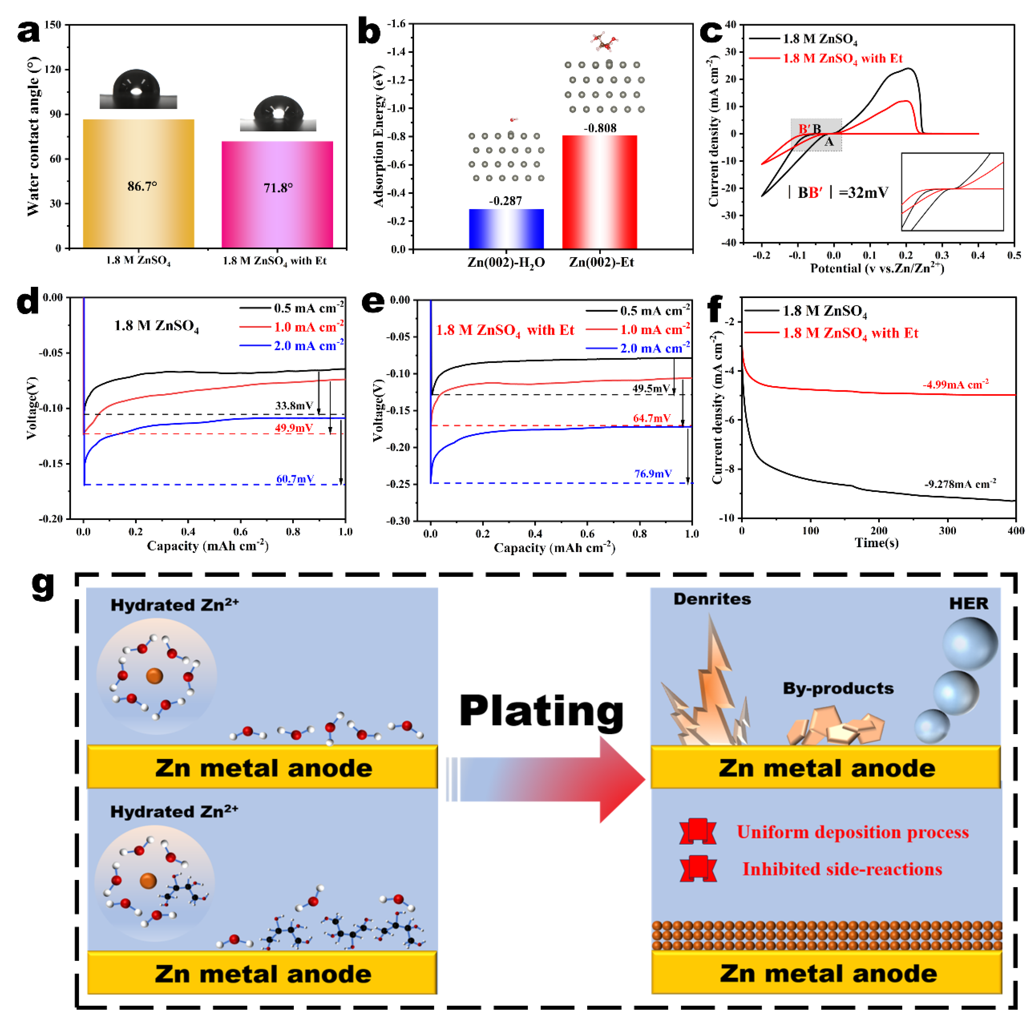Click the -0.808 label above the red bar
(600, 128)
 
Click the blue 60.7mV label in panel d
(295, 479)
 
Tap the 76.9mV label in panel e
(653, 473)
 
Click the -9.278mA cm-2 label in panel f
(959, 484)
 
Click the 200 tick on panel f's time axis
(879, 530)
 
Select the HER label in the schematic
(968, 604)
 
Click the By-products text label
(838, 688)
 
